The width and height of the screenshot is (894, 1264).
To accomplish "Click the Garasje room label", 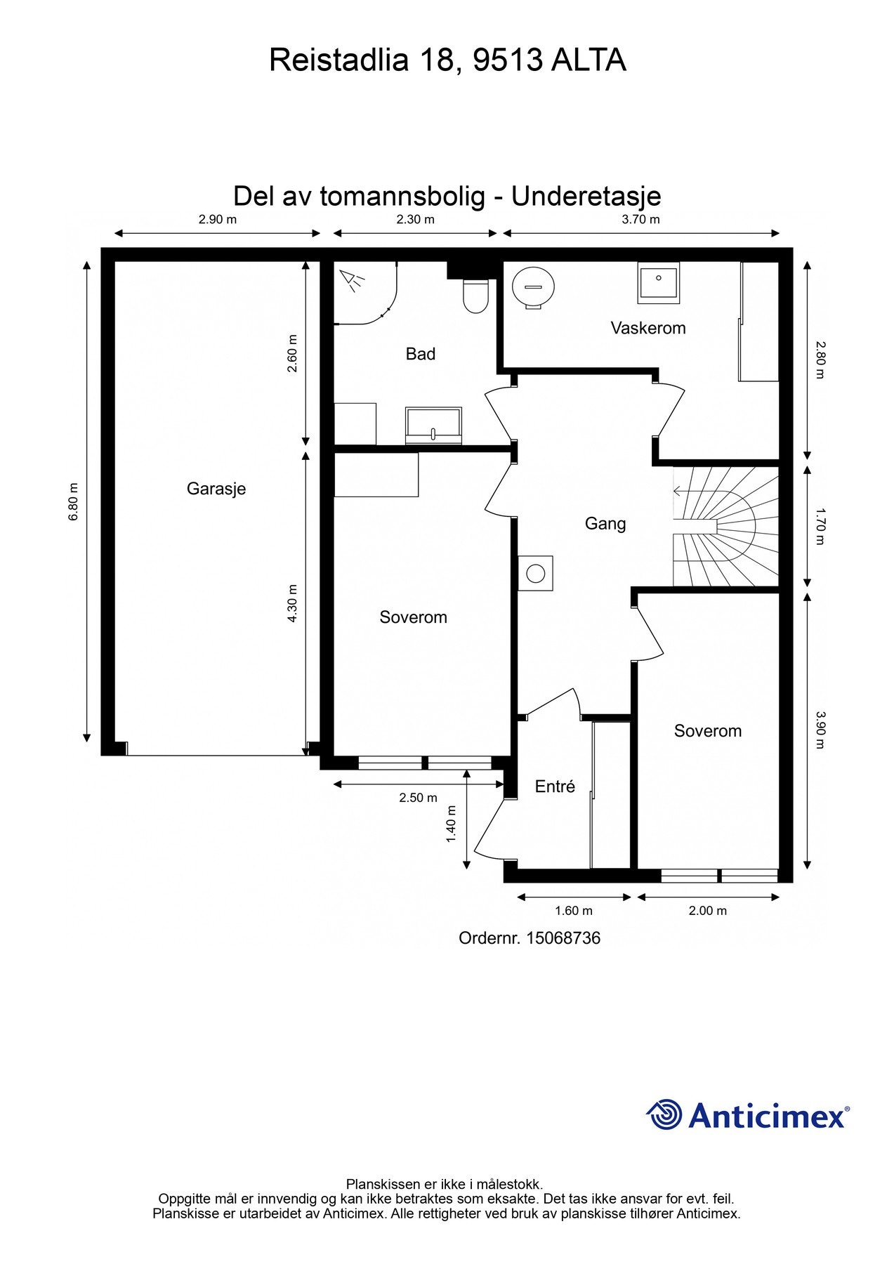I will tap(216, 489).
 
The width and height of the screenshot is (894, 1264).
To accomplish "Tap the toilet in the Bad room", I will tap(475, 296).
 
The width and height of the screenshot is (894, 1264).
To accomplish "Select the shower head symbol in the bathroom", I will tap(353, 281).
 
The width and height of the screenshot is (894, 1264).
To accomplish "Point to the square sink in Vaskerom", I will tap(658, 282).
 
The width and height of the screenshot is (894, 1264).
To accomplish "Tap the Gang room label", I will tap(605, 524).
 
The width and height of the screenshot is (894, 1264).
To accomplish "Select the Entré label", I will tap(555, 786).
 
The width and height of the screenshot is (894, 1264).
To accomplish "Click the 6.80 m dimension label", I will tap(73, 502).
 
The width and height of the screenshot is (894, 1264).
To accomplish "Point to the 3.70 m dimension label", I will tap(640, 219).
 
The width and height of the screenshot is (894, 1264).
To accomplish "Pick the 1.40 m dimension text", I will tap(452, 824).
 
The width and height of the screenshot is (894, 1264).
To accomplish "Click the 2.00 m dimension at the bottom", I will tap(707, 911).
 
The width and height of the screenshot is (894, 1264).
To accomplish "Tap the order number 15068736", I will tap(563, 938).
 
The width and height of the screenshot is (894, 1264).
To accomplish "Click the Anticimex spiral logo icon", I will tap(664, 1114).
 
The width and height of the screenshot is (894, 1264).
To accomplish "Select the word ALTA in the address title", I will tap(588, 60).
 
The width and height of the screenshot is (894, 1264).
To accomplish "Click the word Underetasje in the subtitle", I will tap(586, 196).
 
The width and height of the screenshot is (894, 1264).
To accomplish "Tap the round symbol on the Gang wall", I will tap(535, 574).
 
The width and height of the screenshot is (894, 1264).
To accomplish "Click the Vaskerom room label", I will tap(648, 328).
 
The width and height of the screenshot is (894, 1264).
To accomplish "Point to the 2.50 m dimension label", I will tap(418, 798).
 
